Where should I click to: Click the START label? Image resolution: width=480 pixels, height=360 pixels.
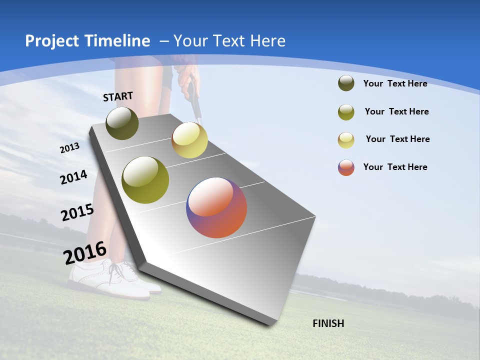pyautogui.click(x=118, y=96)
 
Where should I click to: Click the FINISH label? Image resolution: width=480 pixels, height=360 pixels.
pyautogui.click(x=328, y=323)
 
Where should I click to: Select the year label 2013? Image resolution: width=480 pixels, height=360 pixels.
pyautogui.click(x=69, y=148)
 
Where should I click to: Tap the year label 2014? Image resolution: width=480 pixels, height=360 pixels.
pyautogui.click(x=73, y=177)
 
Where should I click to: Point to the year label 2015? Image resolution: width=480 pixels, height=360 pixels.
pyautogui.click(x=77, y=212)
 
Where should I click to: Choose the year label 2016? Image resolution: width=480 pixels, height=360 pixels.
pyautogui.click(x=84, y=252)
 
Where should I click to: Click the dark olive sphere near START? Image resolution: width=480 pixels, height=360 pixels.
pyautogui.click(x=122, y=123)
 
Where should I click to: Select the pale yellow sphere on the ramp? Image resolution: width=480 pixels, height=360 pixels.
pyautogui.click(x=189, y=140)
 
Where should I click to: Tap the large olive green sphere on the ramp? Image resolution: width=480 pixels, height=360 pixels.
pyautogui.click(x=145, y=180)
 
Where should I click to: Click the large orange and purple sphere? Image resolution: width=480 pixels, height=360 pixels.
pyautogui.click(x=216, y=207)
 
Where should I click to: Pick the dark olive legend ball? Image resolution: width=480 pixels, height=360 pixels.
pyautogui.click(x=346, y=83)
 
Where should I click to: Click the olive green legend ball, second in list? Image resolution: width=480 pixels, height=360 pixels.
pyautogui.click(x=346, y=112)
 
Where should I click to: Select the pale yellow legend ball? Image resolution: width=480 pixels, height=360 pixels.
pyautogui.click(x=346, y=140)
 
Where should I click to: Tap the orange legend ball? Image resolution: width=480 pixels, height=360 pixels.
pyautogui.click(x=346, y=167)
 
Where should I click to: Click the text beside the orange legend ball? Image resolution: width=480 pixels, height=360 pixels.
pyautogui.click(x=395, y=167)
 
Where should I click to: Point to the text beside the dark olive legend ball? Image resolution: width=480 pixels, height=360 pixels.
pyautogui.click(x=395, y=83)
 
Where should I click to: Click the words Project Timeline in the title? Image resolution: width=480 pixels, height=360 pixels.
pyautogui.click(x=87, y=41)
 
